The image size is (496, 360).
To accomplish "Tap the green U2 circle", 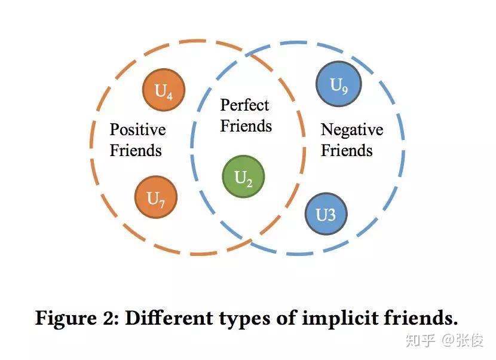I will [243, 177].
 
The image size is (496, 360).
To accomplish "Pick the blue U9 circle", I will [338, 86].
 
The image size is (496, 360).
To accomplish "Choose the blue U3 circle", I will [326, 214].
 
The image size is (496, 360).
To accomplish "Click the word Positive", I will [137, 130].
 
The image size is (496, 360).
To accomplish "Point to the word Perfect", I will [245, 106].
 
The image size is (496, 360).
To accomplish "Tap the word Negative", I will [352, 130].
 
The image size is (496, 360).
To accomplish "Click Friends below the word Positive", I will [136, 150].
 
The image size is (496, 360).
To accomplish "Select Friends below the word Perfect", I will [246, 126].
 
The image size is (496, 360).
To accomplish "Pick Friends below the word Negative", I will [347, 150].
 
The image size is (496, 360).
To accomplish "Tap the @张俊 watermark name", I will [464, 341].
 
